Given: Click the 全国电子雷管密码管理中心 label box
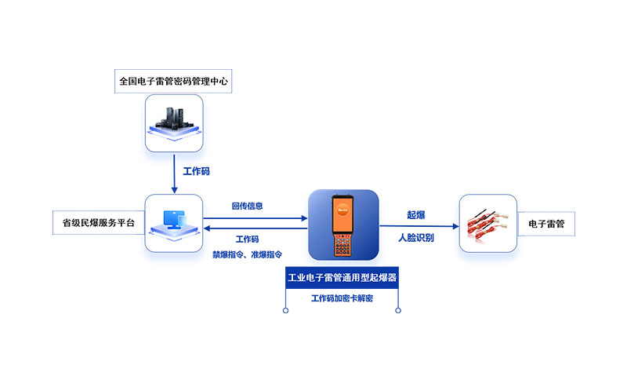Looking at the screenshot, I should pyautogui.click(x=174, y=80).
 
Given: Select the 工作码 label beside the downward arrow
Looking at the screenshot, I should pyautogui.click(x=196, y=170).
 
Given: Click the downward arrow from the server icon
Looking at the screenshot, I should pyautogui.click(x=174, y=172).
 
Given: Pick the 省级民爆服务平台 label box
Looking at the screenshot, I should pyautogui.click(x=98, y=223).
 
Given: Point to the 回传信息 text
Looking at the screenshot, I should pyautogui.click(x=248, y=206).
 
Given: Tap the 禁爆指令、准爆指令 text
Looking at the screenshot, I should pyautogui.click(x=248, y=254).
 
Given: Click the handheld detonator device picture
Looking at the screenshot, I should pyautogui.click(x=343, y=224).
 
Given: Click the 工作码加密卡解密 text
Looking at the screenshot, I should pyautogui.click(x=343, y=299).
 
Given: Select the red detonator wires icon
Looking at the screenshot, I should pyautogui.click(x=488, y=223).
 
